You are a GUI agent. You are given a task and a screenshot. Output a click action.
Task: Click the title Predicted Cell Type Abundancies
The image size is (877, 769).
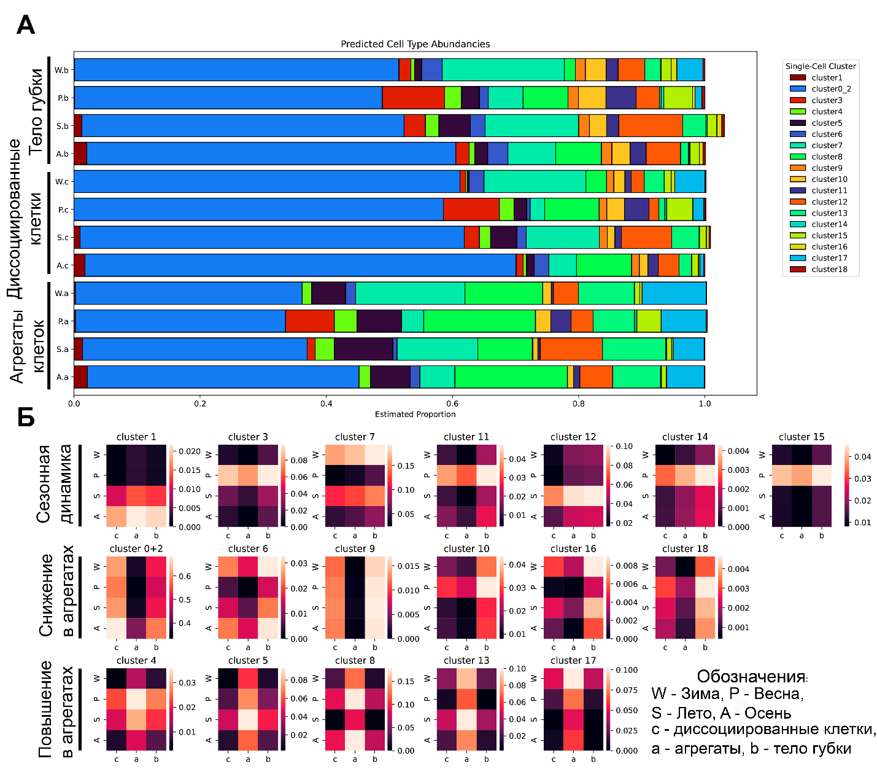(415, 44)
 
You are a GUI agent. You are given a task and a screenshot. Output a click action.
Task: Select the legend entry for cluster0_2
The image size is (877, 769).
(831, 89)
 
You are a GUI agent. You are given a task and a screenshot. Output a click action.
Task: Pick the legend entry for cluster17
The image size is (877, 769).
(829, 258)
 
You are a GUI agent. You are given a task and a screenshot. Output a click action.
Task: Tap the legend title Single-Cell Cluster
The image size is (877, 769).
(821, 66)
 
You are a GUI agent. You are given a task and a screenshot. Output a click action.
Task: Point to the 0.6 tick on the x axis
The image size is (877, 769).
(452, 404)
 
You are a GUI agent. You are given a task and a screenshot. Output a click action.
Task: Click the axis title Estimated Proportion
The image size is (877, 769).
(415, 414)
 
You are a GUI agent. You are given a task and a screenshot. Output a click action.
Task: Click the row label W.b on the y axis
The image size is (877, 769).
(61, 70)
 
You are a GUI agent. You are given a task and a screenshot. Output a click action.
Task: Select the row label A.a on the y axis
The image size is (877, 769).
(62, 377)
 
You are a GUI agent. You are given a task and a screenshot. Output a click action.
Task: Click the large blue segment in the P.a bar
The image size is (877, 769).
(180, 321)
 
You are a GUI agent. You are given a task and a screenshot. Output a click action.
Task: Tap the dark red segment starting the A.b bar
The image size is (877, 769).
(80, 154)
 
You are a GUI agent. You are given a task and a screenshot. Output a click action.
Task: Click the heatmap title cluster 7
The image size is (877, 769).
(355, 437)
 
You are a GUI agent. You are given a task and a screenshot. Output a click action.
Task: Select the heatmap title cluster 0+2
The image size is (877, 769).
(136, 548)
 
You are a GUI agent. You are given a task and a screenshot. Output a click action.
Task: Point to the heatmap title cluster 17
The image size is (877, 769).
(573, 660)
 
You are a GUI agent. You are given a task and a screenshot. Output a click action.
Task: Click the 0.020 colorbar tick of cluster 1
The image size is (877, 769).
(190, 451)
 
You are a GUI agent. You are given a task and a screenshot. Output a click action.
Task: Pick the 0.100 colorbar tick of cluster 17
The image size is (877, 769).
(627, 670)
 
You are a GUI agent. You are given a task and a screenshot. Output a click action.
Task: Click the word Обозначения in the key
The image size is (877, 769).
(751, 677)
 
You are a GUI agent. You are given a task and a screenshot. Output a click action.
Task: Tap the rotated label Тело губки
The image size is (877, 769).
(36, 111)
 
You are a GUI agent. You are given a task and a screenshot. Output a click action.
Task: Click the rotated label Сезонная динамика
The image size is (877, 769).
(54, 484)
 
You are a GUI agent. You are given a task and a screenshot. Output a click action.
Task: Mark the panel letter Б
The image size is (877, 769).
(25, 417)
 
